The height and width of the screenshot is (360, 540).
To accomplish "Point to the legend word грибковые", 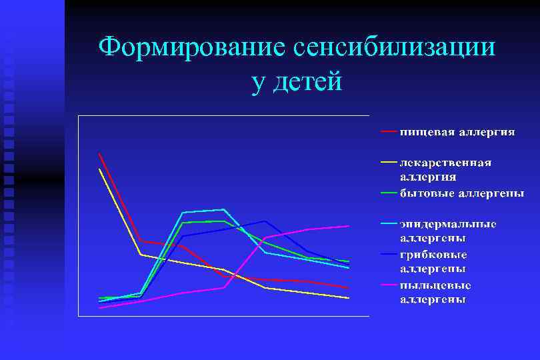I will pyautogui.click(x=433, y=255).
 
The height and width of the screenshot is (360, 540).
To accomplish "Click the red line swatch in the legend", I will pyautogui.click(x=389, y=131).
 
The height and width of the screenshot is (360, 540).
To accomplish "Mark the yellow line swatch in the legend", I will pyautogui.click(x=389, y=161).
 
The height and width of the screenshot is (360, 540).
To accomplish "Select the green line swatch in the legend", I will pyautogui.click(x=389, y=193).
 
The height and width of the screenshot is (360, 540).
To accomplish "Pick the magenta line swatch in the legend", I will pyautogui.click(x=389, y=285).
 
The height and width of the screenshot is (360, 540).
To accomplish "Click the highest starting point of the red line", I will pyautogui.click(x=99, y=154).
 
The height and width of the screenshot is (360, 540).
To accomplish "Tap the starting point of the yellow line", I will pyautogui.click(x=99, y=169).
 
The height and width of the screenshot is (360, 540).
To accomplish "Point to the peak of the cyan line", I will pyautogui.click(x=223, y=209).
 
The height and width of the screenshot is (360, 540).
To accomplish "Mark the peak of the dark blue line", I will pyautogui.click(x=265, y=221).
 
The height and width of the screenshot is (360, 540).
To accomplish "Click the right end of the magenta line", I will pyautogui.click(x=349, y=226).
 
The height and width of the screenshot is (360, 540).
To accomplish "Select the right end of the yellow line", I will pyautogui.click(x=349, y=298).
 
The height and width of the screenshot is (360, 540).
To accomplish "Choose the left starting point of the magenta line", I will pyautogui.click(x=99, y=308).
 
